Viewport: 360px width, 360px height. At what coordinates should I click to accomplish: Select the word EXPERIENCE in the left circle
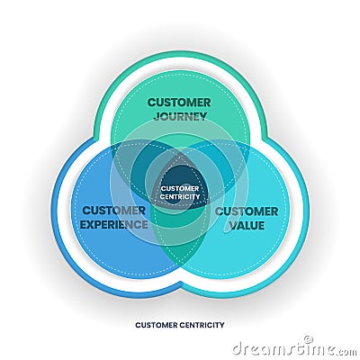[114, 224]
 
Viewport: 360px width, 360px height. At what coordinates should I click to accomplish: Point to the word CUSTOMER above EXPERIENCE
[114, 211]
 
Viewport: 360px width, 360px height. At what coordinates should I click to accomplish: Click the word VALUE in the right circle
[246, 224]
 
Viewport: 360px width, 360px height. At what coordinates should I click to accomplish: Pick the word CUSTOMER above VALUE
[246, 211]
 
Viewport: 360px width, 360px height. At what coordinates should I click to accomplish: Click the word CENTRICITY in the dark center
[180, 196]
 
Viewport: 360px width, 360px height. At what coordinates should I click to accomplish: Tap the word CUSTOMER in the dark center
[180, 188]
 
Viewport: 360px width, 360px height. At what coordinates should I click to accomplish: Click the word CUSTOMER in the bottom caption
[157, 325]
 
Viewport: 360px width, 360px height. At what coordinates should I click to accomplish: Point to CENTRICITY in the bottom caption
[202, 325]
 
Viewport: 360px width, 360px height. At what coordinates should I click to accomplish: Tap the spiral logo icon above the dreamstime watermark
[307, 338]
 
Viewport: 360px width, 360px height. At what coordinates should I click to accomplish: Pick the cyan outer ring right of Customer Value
[304, 216]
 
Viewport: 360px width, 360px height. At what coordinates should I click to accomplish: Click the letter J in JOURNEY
[154, 116]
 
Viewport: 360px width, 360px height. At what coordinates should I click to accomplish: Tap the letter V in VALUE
[231, 224]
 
